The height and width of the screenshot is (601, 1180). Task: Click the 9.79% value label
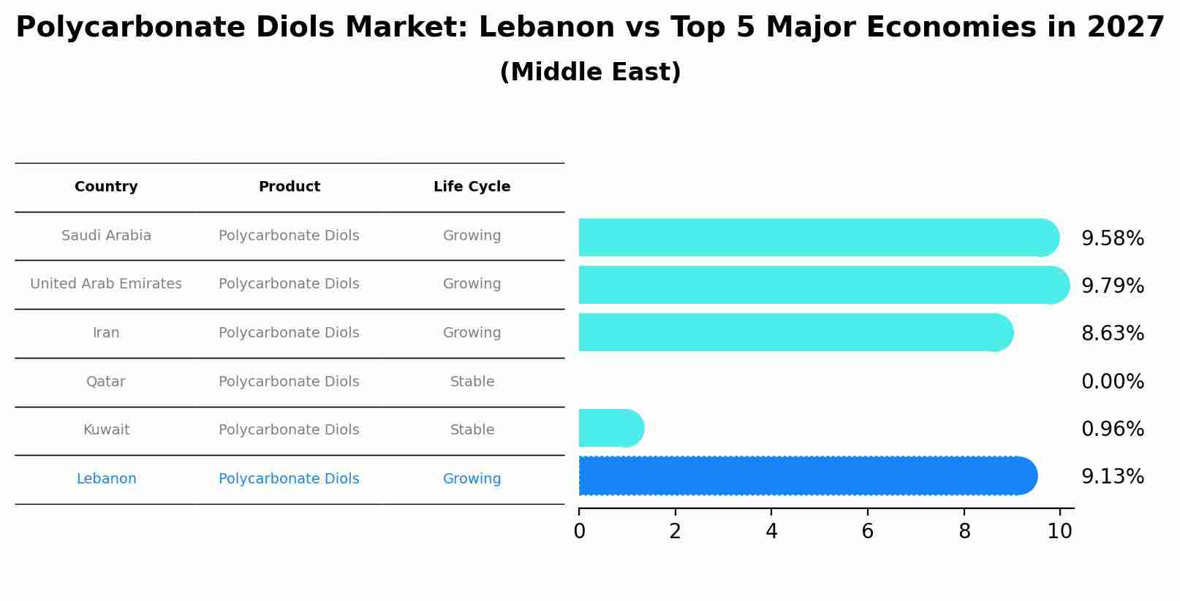(x=1112, y=286)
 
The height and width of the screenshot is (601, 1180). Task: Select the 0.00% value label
(x=1112, y=381)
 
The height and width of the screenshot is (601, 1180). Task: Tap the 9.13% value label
(x=1112, y=477)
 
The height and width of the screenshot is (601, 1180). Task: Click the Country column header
(x=106, y=187)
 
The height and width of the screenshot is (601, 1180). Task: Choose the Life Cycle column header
(x=472, y=187)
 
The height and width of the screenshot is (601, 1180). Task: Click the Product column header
(x=289, y=187)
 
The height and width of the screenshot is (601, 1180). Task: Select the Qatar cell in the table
(x=106, y=381)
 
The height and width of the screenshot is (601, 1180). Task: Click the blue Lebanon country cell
(x=106, y=479)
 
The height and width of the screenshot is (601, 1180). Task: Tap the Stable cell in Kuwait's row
(x=472, y=430)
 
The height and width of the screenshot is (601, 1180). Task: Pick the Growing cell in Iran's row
(x=472, y=333)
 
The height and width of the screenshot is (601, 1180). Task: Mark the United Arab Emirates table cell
(x=106, y=284)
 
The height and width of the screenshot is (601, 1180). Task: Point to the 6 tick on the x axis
(x=867, y=531)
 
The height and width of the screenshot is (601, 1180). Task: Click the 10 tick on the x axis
(x=1059, y=531)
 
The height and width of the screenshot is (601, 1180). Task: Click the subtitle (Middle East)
(x=590, y=72)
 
